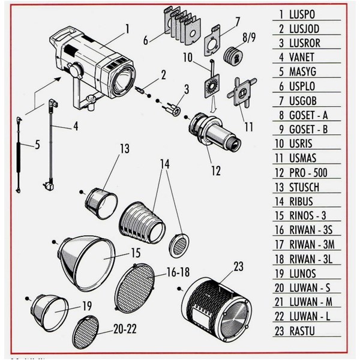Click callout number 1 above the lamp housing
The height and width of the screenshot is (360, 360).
click(x=127, y=28)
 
